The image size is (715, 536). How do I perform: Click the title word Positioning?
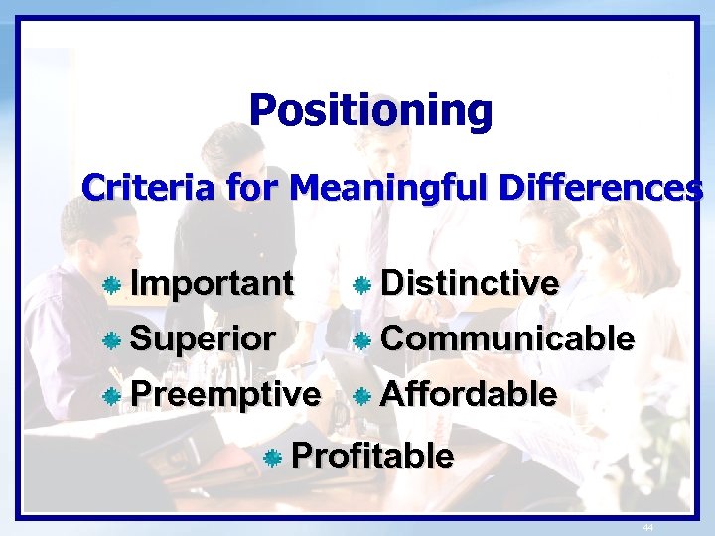point(370,110)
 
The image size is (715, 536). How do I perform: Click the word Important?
point(212,284)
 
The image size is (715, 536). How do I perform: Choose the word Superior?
point(203,338)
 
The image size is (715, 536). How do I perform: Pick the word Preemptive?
point(225,394)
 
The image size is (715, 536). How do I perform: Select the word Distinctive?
point(470,284)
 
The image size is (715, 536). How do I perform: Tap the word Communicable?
point(507,338)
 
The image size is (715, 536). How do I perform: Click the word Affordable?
point(469,394)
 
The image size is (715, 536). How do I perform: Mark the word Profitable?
point(373,457)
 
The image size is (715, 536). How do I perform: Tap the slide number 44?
point(647,527)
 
